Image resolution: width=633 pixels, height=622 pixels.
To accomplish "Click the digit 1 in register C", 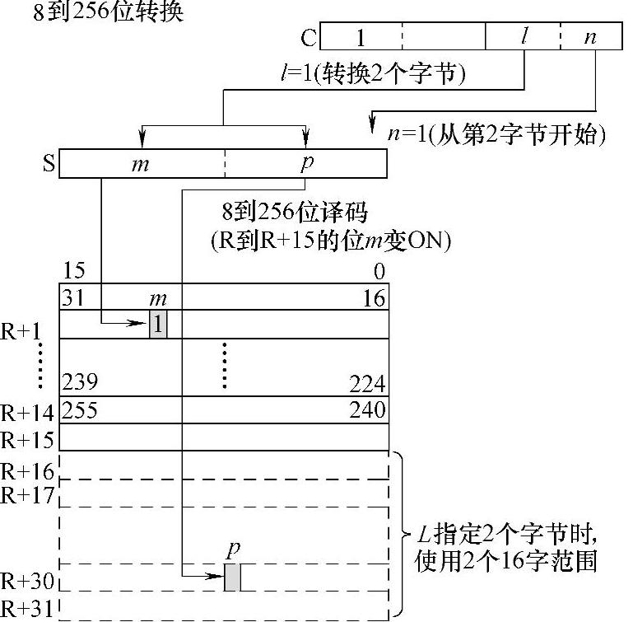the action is coord(361,38).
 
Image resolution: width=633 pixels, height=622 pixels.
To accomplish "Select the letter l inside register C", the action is coord(524,35).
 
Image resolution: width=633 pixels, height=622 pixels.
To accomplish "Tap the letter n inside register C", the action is coord(590,38).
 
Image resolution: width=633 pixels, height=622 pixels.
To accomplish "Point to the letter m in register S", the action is coord(140,165).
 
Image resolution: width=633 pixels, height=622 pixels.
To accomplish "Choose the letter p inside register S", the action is coord(307,164).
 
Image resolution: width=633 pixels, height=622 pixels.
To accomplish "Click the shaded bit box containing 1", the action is coord(158,324).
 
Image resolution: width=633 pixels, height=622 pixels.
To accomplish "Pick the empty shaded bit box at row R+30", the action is coord(232,578).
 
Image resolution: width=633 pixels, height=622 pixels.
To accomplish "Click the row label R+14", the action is coord(27,413).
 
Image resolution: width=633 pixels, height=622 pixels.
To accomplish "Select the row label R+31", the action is coord(27,609).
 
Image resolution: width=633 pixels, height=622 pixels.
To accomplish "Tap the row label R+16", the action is coord(27,471).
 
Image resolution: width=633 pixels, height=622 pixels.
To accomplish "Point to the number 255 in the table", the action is coord(80,409).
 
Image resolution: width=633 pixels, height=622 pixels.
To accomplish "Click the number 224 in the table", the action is coord(367,384).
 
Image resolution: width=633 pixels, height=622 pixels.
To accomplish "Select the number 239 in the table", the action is coord(80,381).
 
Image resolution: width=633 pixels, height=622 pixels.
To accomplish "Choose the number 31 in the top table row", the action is coord(72,298).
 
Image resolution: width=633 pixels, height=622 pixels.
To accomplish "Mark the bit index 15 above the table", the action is coord(74,270).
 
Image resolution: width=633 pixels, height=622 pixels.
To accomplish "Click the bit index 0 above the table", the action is coord(379,271).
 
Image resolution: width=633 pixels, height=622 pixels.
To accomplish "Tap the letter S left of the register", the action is coord(49,163).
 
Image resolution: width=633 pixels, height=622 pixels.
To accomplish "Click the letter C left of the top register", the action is coord(309,38).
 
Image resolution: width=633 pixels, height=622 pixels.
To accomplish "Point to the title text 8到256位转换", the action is coord(108,12).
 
